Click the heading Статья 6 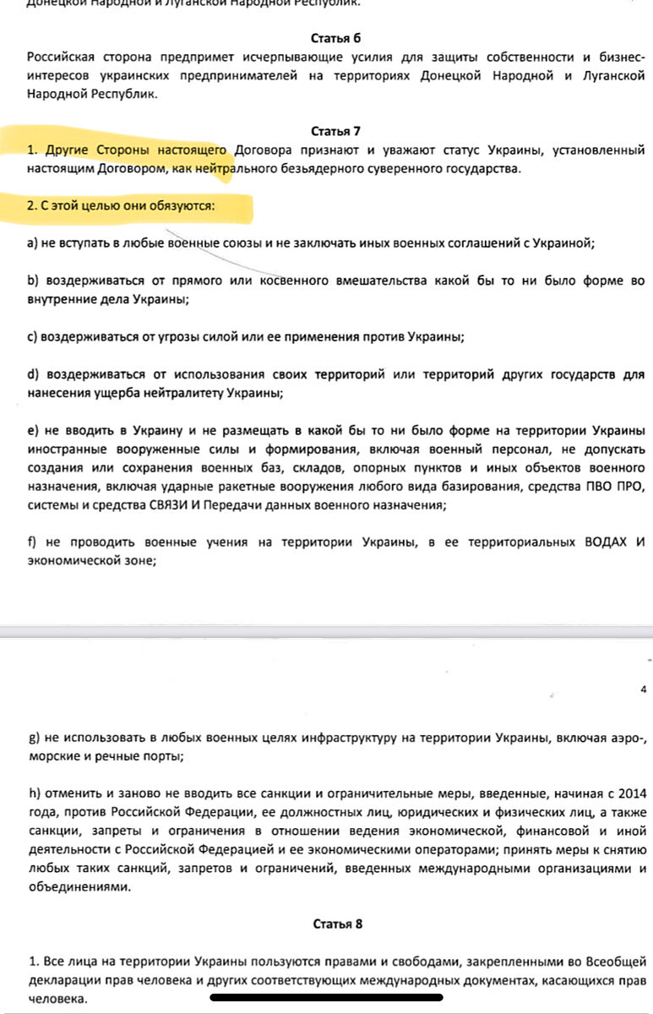point(335,37)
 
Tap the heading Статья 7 point(335,131)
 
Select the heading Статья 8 point(337,924)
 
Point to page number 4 point(643,689)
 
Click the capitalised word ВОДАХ point(601,542)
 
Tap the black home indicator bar point(326,997)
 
